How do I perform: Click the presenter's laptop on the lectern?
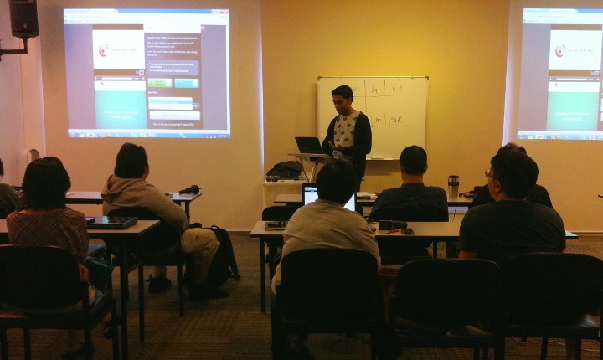coord(308,145)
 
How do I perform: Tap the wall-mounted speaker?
coord(24,18)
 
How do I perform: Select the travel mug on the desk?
coord(453,186)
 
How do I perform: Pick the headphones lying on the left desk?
coord(190,190)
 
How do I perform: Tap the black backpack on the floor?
coord(222,256)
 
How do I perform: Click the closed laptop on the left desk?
coord(111,222)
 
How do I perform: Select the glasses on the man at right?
coord(488,174)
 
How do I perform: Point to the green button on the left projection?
coord(159,83)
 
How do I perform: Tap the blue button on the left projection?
coord(186,83)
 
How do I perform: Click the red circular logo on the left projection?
coord(104,50)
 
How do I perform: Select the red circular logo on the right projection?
coord(559,50)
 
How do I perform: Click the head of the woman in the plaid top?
coord(45,183)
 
